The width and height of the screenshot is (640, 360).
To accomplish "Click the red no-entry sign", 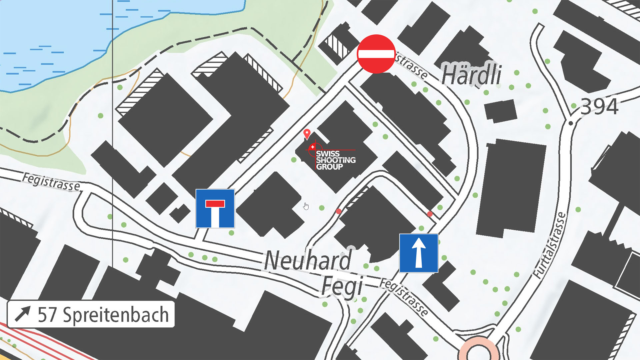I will [376, 54].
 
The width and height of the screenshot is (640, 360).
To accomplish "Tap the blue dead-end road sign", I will [215, 209].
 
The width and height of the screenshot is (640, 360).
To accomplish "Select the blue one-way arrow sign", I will [419, 253].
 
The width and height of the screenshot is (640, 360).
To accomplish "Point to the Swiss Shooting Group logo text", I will [335, 160].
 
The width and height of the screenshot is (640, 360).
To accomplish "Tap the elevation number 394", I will [599, 107].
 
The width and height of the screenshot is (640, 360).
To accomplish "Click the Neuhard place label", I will [308, 260].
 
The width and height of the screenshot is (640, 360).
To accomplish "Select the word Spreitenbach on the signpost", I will [116, 315].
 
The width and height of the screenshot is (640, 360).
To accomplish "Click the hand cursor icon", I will [306, 206].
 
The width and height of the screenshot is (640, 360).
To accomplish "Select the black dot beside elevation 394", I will [571, 123].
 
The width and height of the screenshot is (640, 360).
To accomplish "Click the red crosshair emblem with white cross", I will [312, 147].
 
